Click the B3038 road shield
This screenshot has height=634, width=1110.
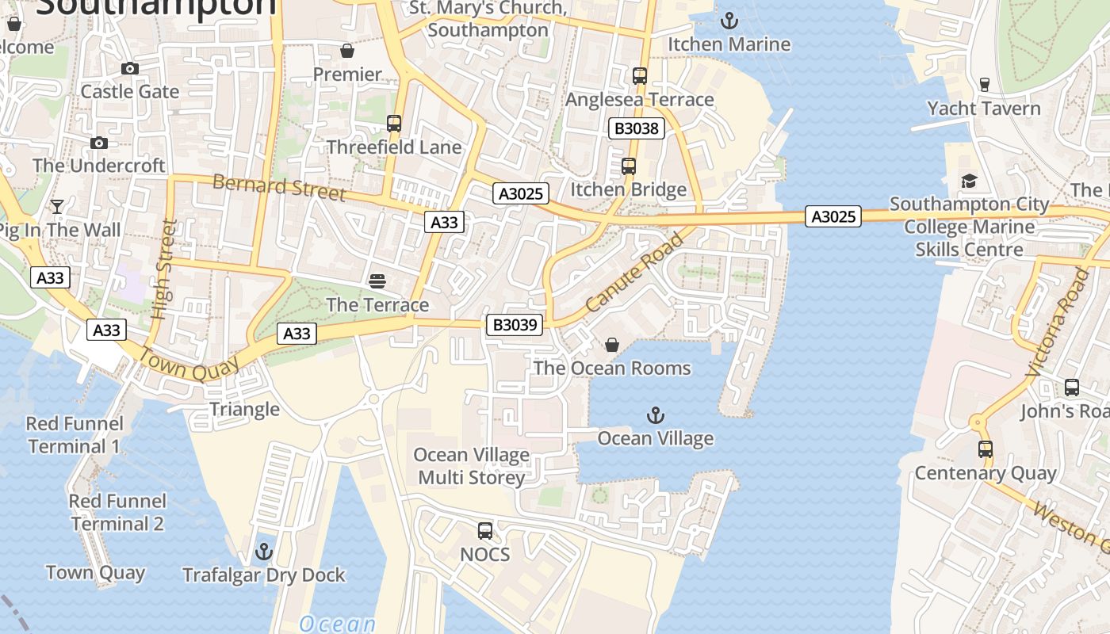637,128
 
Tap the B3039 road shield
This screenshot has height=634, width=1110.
515,324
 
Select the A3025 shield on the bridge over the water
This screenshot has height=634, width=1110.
833,216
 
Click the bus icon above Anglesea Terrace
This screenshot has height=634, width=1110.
640,76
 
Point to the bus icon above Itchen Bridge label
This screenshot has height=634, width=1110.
629,166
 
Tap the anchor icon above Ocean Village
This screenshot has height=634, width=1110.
656,414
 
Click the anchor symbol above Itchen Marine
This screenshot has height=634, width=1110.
729,21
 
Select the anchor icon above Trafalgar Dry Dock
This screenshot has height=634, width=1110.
264,551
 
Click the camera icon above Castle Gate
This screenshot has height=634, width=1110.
130,69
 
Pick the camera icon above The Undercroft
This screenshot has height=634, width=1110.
99,143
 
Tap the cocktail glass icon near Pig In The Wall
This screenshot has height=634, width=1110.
57,207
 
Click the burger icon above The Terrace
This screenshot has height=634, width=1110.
377,281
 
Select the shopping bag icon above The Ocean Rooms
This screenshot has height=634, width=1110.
612,345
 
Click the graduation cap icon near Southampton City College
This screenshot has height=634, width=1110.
969,181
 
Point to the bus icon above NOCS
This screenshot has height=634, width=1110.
485,530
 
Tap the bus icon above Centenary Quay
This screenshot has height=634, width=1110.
986,449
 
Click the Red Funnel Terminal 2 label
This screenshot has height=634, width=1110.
117,512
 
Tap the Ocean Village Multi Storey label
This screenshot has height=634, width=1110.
472,466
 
